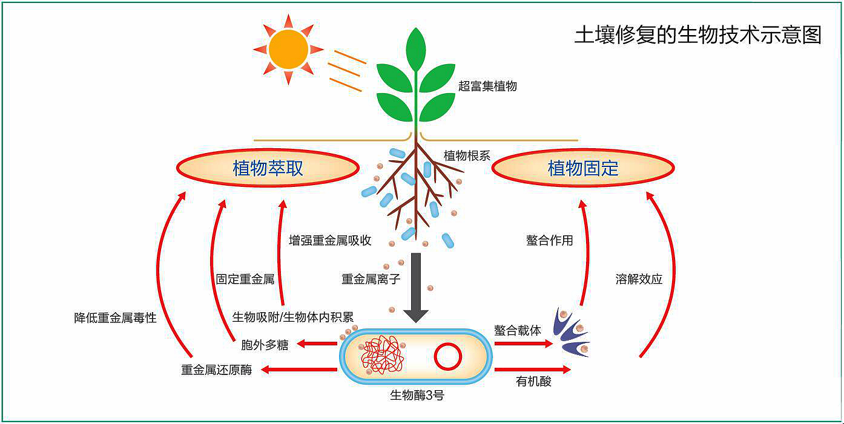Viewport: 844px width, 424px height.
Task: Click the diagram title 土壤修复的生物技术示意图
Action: click(697, 36)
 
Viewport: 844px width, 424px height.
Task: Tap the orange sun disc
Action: click(289, 50)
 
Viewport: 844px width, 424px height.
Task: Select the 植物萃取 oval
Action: click(268, 168)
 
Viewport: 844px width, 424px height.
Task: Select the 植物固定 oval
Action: click(583, 168)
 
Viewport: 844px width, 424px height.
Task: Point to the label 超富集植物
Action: click(487, 86)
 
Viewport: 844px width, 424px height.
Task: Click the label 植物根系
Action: click(467, 155)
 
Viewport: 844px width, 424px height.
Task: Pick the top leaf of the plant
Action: click(416, 49)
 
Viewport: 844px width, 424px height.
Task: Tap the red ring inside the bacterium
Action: click(448, 356)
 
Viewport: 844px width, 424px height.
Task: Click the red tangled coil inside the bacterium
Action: click(382, 356)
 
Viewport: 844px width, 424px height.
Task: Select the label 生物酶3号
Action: click(417, 396)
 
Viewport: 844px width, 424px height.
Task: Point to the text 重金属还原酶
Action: click(216, 370)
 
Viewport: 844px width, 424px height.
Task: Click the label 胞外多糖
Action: click(265, 345)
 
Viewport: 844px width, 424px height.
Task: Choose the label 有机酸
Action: click(533, 382)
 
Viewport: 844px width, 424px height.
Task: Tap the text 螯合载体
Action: click(518, 330)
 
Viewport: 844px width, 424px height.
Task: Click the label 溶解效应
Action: click(639, 279)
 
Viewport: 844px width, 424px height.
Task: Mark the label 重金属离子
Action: click(371, 279)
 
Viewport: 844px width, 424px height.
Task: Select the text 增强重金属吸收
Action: click(330, 240)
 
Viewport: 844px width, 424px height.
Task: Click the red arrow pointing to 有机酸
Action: click(532, 370)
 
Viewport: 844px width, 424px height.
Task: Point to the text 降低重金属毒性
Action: click(115, 318)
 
